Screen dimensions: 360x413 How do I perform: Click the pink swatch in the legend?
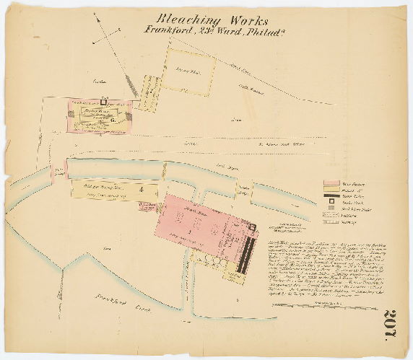click(x=331, y=183)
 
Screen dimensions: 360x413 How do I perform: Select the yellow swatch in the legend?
click(x=331, y=190)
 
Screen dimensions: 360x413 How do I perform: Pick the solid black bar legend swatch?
click(x=331, y=196)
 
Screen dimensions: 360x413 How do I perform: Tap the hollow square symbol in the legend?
click(x=331, y=203)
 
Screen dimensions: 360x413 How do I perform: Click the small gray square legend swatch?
click(x=331, y=208)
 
